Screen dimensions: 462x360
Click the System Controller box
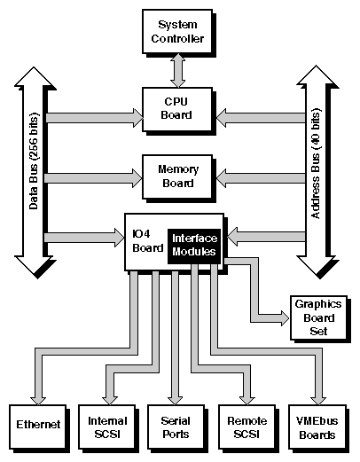(x=180, y=30)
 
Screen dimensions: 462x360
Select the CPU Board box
(x=180, y=107)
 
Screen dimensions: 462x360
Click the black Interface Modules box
(x=194, y=245)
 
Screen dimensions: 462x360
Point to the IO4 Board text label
(x=146, y=240)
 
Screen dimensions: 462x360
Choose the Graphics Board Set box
(x=317, y=317)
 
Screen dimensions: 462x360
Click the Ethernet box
(x=38, y=425)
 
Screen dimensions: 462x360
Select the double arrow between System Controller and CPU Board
(x=180, y=68)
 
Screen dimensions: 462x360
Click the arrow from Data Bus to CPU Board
(x=93, y=116)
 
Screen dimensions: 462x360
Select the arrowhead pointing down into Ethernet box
(x=38, y=394)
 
